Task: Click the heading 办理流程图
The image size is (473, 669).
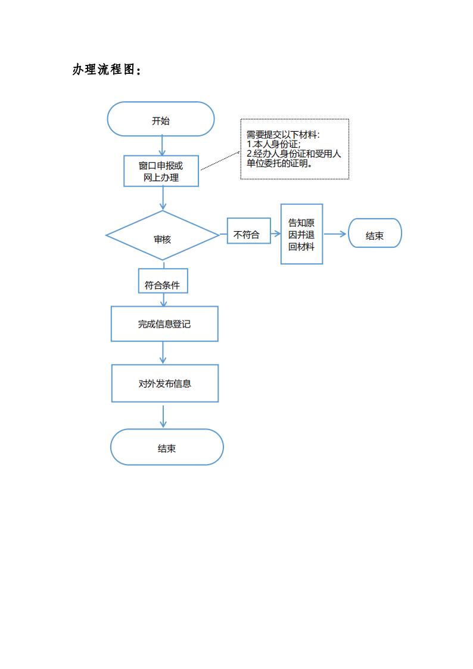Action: click(107, 70)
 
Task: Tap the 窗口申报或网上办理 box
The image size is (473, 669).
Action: click(161, 171)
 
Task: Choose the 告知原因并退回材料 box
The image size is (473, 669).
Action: click(301, 234)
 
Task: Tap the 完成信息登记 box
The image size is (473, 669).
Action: click(164, 324)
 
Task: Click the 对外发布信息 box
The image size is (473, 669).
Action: click(165, 383)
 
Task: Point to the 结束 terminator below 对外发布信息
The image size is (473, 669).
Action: click(167, 447)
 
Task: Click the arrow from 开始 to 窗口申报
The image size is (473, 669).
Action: click(161, 146)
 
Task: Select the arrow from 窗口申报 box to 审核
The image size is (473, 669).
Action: click(162, 198)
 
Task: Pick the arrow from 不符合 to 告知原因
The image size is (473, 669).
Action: click(275, 235)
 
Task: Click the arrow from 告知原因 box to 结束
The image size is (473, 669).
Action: click(335, 234)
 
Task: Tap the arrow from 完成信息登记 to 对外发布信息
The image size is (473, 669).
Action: click(163, 353)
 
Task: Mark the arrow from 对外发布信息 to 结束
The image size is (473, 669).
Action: click(163, 416)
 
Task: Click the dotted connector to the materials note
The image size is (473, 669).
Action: click(220, 159)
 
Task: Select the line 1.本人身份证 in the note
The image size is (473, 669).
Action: click(273, 144)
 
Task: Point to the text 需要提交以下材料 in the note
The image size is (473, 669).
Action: click(283, 135)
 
